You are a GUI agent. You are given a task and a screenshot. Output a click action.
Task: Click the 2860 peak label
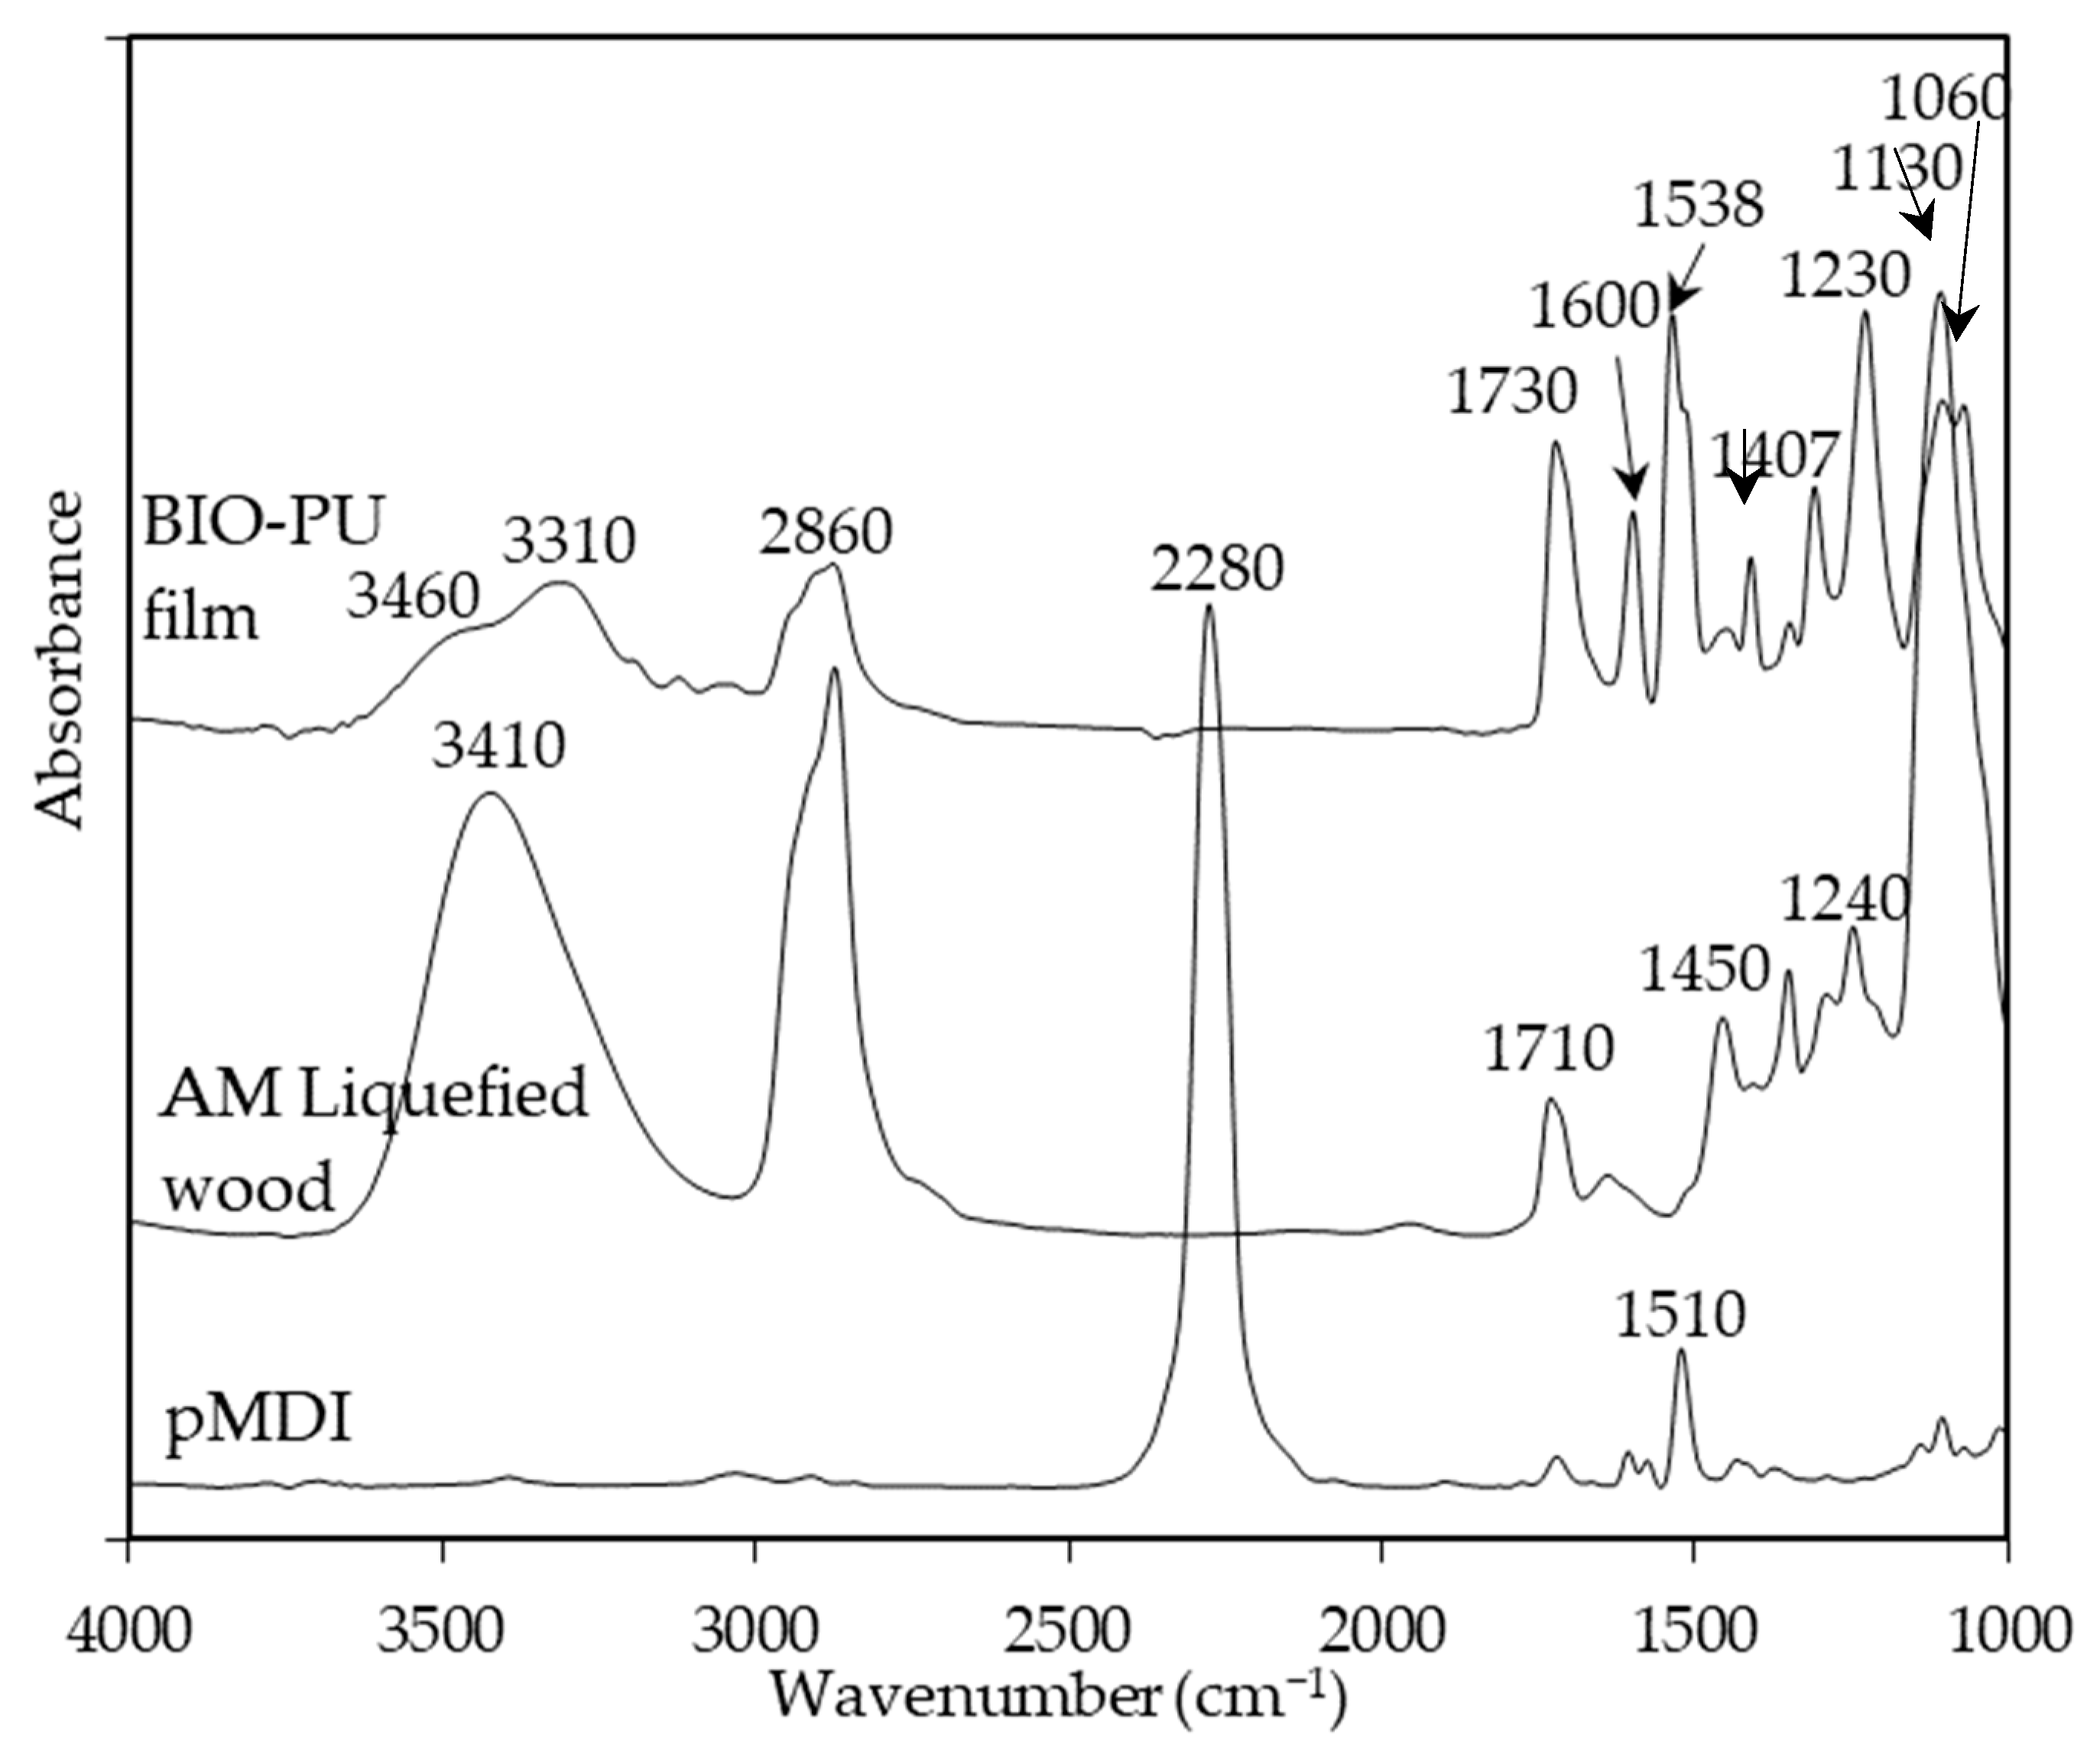pyautogui.click(x=825, y=532)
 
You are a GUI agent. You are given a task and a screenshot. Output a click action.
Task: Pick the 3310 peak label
pyautogui.click(x=568, y=541)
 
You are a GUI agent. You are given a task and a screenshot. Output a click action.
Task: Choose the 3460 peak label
pyautogui.click(x=413, y=597)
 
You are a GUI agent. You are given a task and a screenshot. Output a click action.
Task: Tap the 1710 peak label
pyautogui.click(x=1549, y=1050)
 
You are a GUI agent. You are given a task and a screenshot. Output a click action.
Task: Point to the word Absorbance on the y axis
pyautogui.click(x=59, y=660)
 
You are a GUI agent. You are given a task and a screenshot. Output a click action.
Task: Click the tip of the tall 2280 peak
pyautogui.click(x=1209, y=606)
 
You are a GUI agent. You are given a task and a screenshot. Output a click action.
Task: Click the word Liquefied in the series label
pyautogui.click(x=444, y=1094)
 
